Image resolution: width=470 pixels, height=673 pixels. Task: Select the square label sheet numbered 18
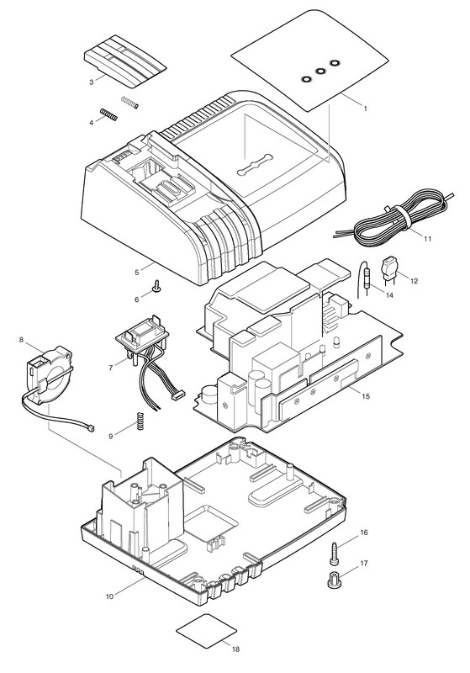(207, 630)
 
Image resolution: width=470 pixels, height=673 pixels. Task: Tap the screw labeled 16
(335, 554)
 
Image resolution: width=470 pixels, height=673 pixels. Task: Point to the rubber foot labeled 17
(333, 580)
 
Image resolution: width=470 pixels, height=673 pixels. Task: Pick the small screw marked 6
(156, 286)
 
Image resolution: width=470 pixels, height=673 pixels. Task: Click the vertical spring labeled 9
(140, 421)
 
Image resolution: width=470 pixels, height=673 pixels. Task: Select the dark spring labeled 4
(108, 114)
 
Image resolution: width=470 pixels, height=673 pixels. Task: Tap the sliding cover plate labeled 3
(124, 61)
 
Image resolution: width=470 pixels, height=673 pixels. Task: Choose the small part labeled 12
(388, 269)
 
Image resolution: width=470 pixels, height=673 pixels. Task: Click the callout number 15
(366, 396)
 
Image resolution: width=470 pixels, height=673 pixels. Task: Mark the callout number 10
(110, 596)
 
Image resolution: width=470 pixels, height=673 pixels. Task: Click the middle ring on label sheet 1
(319, 72)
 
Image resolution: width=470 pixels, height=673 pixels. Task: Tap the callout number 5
(137, 272)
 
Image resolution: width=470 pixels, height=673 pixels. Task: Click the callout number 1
(366, 109)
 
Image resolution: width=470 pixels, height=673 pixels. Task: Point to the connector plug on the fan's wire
(91, 428)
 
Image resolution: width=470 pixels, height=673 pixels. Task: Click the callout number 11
(428, 239)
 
